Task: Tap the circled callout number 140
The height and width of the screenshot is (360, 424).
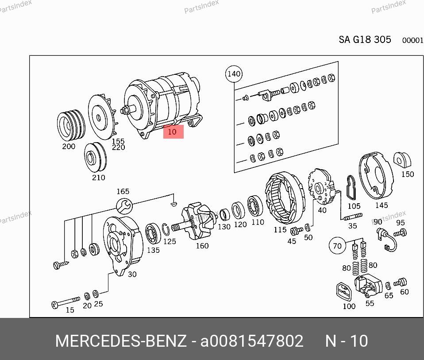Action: [x=234, y=74]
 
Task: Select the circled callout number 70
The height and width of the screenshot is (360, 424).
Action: [x=337, y=246]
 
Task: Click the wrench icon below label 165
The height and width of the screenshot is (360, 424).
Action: [x=124, y=206]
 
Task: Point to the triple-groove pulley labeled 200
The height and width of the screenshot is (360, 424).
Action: [x=71, y=125]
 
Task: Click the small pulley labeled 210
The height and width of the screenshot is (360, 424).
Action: [x=96, y=157]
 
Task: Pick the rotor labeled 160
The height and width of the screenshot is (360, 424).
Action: [x=196, y=221]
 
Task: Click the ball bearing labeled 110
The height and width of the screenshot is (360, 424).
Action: [x=255, y=206]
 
